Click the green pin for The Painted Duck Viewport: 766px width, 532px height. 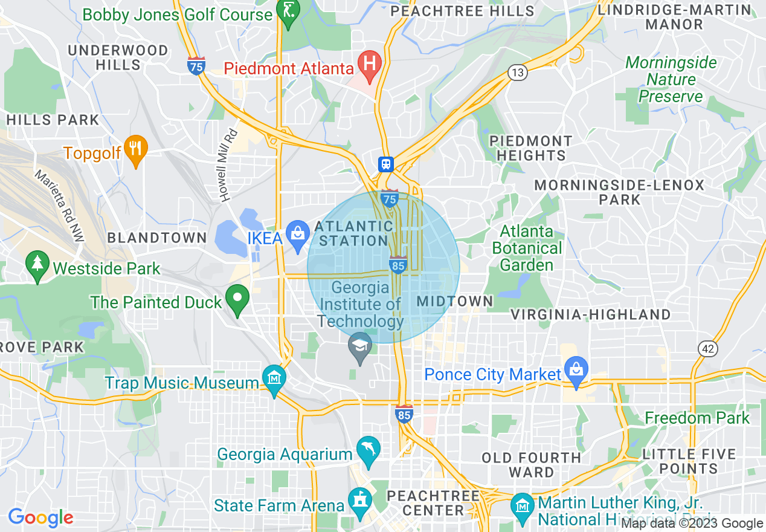[237, 298]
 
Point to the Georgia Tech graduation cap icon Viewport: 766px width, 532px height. [360, 347]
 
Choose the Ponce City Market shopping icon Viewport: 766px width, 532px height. [576, 370]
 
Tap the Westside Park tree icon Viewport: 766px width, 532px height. [37, 265]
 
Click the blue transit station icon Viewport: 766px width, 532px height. [385, 164]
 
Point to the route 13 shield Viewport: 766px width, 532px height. [518, 73]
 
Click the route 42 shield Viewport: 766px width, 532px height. [707, 349]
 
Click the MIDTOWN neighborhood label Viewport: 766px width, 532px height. [455, 301]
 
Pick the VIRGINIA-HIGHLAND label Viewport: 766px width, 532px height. [591, 314]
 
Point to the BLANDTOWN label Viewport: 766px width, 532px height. [157, 238]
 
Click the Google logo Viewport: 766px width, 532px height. [40, 518]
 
